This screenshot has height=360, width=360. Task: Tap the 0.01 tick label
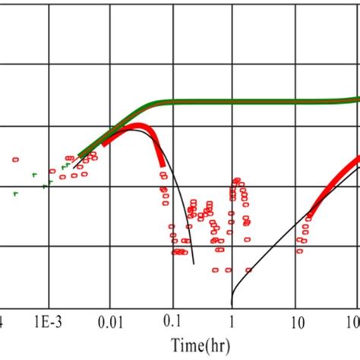(111, 321)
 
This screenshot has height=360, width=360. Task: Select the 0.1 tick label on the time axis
(172, 321)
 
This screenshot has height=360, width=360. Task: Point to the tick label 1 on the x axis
(232, 321)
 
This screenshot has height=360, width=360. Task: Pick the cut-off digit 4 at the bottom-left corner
(2, 321)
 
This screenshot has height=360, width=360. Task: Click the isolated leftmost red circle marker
(15, 159)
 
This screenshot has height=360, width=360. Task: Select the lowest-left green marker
(14, 194)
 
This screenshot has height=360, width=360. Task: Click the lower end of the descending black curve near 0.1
(194, 264)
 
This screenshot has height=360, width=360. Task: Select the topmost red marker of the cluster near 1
(238, 180)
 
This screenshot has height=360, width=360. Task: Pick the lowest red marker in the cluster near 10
(301, 250)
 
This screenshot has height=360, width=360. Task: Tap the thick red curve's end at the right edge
(358, 159)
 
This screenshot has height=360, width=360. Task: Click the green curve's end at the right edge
(358, 99)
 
